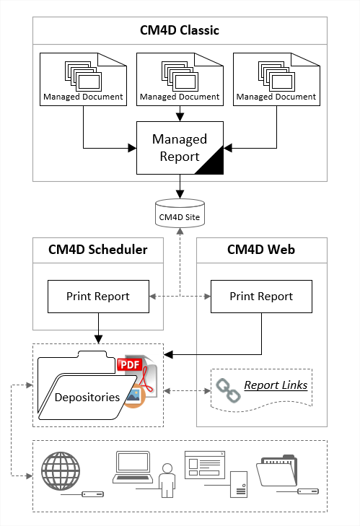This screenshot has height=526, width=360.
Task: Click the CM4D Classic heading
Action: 180,30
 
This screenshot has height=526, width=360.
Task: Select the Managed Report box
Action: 180,148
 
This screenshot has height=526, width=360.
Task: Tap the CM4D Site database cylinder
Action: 180,214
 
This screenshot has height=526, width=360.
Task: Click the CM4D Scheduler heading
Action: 98,250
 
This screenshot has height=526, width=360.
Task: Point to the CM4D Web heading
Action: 261,250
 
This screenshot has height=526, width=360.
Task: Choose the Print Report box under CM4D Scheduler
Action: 98,297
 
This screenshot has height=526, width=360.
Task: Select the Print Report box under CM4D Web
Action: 261,297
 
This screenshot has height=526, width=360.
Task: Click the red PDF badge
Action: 130,364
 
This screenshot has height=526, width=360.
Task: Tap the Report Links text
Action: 276,385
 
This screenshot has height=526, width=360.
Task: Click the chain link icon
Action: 228,390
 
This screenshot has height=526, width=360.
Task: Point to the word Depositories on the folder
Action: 87,397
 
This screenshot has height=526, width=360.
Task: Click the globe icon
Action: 61,471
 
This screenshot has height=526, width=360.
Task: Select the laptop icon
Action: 133,467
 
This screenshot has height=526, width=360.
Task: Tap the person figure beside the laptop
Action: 167,481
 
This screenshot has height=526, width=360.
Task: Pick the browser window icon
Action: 205,465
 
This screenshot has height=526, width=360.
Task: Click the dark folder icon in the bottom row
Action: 277,470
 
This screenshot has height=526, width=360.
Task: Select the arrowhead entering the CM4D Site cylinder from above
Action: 180,195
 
